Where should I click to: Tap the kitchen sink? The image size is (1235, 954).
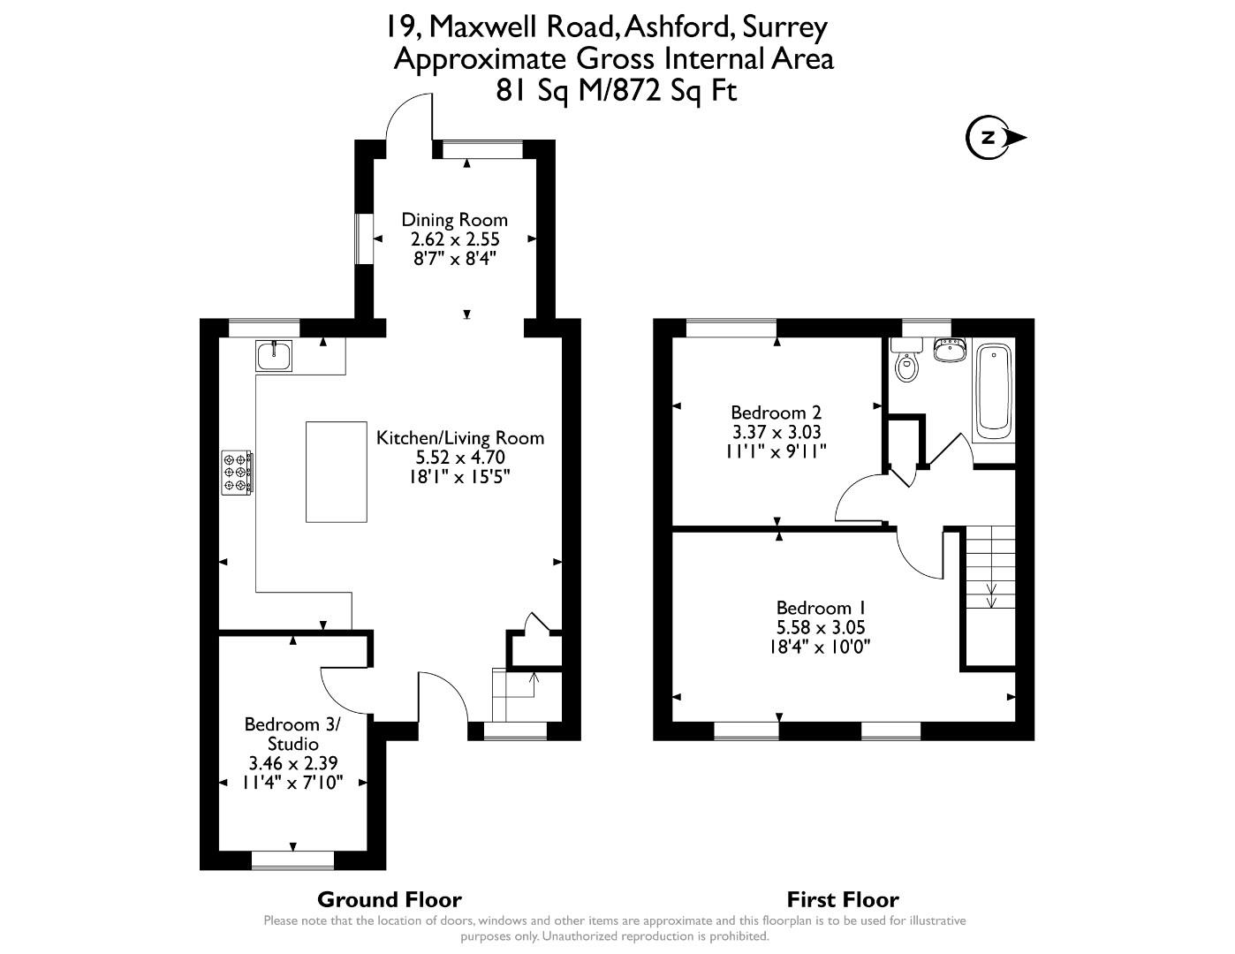click(275, 355)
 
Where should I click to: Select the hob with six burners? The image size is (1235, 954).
click(237, 471)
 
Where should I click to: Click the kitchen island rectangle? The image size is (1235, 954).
click(336, 472)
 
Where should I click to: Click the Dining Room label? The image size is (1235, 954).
click(454, 220)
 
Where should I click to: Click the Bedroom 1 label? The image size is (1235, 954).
click(820, 608)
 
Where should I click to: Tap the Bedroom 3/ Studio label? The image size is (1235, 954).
click(292, 734)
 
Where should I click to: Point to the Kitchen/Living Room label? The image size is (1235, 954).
click(460, 437)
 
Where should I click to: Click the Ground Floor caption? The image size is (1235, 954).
click(389, 899)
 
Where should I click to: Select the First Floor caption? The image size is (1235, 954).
click(843, 899)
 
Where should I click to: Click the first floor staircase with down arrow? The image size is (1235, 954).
click(990, 566)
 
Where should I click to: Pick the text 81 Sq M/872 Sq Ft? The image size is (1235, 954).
click(616, 90)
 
